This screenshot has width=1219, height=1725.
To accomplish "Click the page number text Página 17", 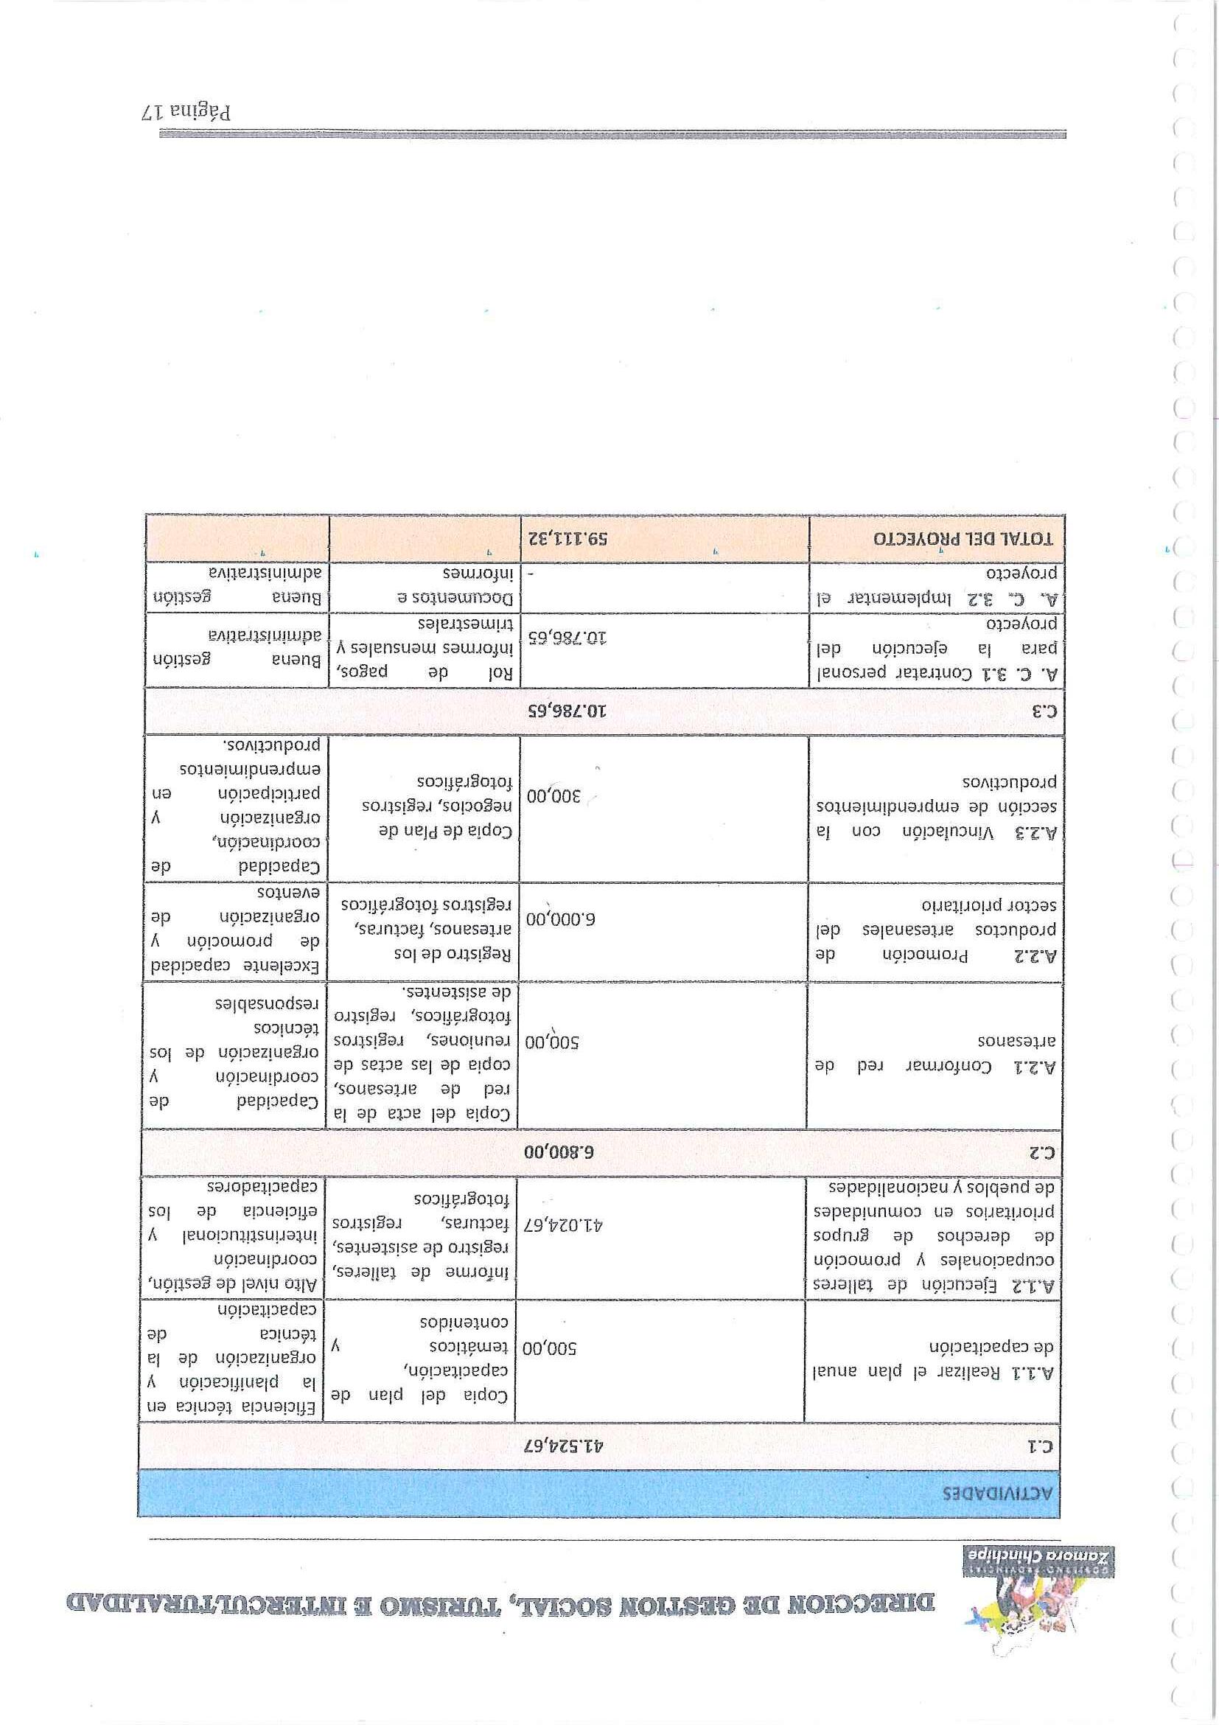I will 186,112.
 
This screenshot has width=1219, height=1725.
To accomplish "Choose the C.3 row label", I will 1045,711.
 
